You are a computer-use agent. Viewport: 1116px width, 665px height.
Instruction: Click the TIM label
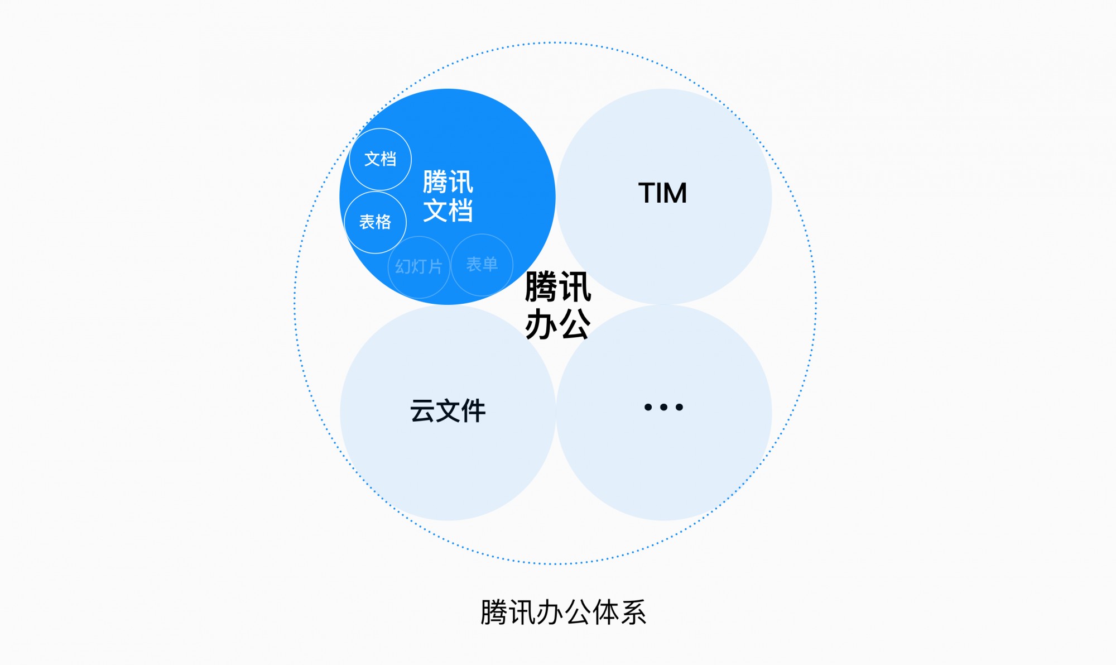[662, 193]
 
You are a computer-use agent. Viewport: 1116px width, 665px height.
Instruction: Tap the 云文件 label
[448, 411]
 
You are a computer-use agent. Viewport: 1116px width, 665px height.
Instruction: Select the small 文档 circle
[381, 159]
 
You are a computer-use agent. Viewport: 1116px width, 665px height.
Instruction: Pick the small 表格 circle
[376, 222]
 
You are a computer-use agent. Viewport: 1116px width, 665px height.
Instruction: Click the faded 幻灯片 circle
[419, 267]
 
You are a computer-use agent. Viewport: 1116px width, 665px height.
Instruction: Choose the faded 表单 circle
[482, 265]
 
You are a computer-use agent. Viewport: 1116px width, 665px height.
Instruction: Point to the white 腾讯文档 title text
[448, 197]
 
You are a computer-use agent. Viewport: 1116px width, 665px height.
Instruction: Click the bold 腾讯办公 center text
[558, 305]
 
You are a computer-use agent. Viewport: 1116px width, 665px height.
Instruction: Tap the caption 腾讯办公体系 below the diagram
[563, 613]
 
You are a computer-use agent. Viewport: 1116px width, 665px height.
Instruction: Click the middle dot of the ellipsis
[663, 407]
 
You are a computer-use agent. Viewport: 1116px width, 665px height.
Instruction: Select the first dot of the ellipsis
[648, 407]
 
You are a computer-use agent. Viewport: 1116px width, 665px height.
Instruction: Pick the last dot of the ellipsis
[679, 407]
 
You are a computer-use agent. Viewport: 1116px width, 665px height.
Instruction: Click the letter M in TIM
[674, 193]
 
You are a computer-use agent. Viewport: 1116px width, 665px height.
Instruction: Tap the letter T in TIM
[647, 193]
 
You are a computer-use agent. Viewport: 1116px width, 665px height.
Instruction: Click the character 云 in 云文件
[422, 411]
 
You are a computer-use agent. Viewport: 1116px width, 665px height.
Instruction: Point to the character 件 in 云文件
[473, 411]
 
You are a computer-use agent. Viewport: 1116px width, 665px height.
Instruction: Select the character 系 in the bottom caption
[633, 613]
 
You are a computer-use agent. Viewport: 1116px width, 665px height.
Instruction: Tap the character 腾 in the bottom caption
[494, 613]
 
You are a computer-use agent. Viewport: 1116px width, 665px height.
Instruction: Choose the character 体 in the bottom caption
[605, 613]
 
